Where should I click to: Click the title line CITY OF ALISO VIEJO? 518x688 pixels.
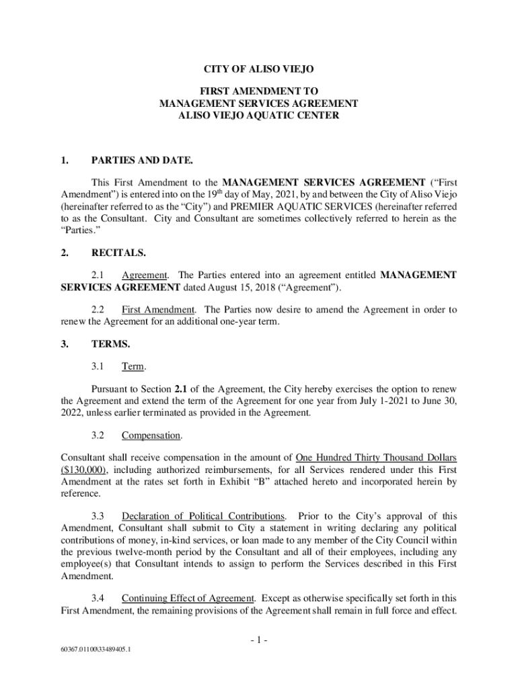coord(258,69)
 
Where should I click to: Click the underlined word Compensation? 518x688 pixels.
coord(151,435)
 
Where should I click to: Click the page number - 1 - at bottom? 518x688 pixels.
coord(259,640)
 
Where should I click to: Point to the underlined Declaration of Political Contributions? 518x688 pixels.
coord(203,516)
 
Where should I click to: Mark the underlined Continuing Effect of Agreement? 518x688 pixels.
coord(188,597)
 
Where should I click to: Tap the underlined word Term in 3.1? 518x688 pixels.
coord(133,366)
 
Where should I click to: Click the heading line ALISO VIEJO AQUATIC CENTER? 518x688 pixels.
coord(258,116)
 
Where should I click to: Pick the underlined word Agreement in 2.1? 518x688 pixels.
coord(145,275)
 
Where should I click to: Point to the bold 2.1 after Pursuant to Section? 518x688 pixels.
coord(181,389)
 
